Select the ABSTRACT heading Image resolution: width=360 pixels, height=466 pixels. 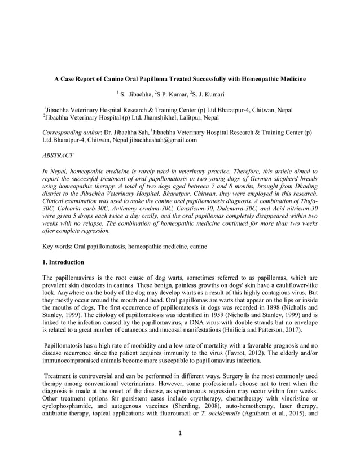pyautogui.click(x=58, y=154)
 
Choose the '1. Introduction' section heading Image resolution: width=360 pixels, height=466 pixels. pyautogui.click(x=64, y=262)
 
